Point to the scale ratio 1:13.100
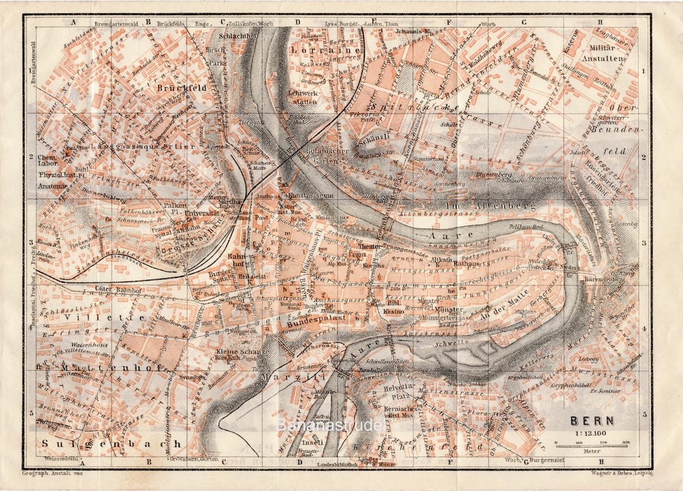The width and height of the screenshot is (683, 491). coord(591,433)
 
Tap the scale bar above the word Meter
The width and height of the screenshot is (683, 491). coord(591,446)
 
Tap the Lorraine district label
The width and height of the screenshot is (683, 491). coord(326,49)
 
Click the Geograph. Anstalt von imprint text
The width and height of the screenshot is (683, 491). coord(52,473)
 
